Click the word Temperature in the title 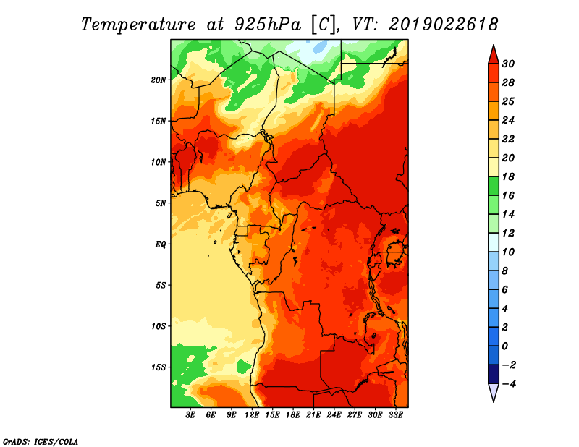point(138,25)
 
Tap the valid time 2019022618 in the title point(444,25)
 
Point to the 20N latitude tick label point(158,80)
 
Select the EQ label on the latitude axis point(160,244)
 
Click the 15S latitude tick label point(159,367)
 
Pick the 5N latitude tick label point(161,203)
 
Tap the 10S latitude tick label point(159,326)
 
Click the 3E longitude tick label point(190,415)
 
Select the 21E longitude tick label point(313,415)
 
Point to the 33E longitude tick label point(395,415)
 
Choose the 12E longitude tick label point(252,415)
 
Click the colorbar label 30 point(508,64)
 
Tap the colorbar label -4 point(509,384)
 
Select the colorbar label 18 point(508,176)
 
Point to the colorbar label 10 point(508,252)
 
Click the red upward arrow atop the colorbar point(494,56)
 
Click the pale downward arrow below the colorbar point(494,391)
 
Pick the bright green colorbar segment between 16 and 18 point(494,186)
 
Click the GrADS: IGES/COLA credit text point(41,441)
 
